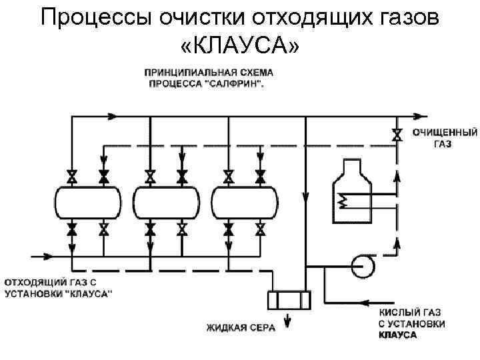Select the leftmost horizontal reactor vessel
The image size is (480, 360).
click(88, 202)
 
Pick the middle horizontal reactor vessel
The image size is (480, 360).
click(167, 202)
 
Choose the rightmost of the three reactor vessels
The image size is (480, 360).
click(245, 202)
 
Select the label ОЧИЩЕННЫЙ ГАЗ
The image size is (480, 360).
click(435, 138)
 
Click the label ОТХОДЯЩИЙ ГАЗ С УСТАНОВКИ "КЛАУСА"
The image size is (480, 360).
click(59, 288)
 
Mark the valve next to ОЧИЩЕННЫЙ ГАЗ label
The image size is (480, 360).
click(398, 134)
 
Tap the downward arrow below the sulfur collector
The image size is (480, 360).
click(288, 322)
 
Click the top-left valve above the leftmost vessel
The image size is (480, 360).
click(72, 177)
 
